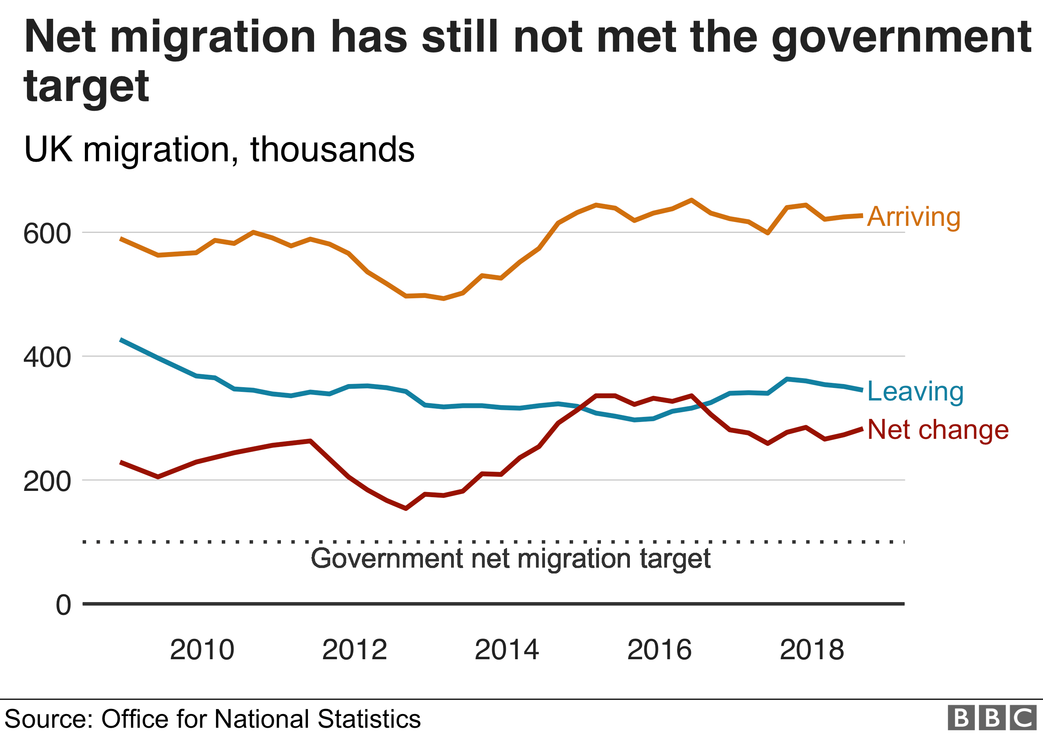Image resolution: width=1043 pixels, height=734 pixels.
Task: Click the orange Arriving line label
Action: [914, 217]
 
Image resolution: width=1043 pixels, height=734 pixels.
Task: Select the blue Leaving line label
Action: [915, 391]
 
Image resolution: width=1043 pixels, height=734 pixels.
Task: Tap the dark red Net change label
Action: [938, 429]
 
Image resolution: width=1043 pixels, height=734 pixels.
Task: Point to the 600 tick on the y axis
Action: [47, 234]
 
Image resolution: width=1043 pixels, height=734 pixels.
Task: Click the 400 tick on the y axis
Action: [47, 357]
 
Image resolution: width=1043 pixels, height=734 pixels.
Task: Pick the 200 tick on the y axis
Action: [47, 481]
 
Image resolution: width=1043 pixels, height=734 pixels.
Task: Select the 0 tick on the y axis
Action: [63, 605]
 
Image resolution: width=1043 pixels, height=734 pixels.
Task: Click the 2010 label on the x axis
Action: [202, 649]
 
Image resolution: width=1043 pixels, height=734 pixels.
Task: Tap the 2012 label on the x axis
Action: [354, 649]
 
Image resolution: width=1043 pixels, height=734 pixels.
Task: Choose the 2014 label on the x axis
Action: [507, 649]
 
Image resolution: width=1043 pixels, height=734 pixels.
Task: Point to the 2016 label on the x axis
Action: [659, 649]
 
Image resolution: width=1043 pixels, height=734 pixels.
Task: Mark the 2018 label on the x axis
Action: [812, 649]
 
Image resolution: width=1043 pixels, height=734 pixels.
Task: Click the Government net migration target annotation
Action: [510, 558]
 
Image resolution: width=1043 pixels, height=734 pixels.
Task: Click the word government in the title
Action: [901, 38]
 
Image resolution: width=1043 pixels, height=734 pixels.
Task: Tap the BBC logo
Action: [992, 718]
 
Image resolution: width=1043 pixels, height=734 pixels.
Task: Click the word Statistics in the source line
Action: [369, 719]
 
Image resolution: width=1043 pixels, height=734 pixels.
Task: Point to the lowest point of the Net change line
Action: [406, 508]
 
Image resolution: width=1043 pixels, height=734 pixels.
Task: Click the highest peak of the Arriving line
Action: [691, 200]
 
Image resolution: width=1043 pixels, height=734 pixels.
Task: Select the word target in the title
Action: [86, 87]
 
